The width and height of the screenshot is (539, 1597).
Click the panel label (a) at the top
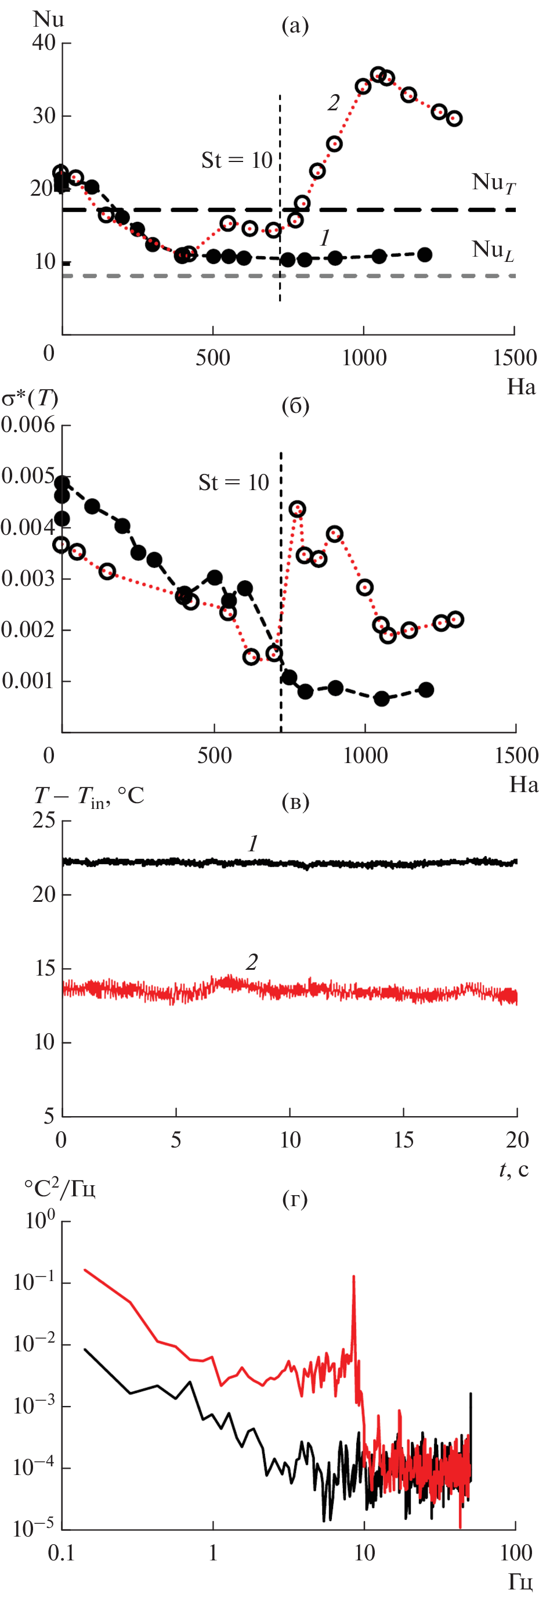coord(295,26)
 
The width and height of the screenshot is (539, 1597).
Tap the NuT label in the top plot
coord(493,183)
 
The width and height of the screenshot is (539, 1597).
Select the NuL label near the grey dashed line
coord(493,250)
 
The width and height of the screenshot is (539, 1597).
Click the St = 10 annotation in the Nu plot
coord(237,160)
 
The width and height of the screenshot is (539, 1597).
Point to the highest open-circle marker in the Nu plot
coord(378,75)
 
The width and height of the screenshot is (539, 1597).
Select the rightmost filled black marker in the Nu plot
coord(424,254)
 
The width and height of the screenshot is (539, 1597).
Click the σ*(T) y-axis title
coord(30,397)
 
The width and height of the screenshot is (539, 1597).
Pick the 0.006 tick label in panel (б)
coord(28,425)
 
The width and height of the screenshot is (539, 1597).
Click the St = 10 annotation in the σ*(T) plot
coord(234,483)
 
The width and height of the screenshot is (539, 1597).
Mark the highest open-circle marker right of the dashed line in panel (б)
coord(298,509)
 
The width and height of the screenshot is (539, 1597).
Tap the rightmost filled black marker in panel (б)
coord(426,689)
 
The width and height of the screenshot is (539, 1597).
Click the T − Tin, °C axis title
coord(89,796)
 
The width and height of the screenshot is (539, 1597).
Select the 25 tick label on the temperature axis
coord(44,821)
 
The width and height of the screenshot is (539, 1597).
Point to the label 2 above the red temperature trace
coord(252,962)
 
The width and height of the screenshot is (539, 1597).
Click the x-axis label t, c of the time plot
coord(513,1169)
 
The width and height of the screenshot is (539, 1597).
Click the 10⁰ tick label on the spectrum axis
coord(41,1221)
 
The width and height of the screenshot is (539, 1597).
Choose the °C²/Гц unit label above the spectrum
coord(60,1188)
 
